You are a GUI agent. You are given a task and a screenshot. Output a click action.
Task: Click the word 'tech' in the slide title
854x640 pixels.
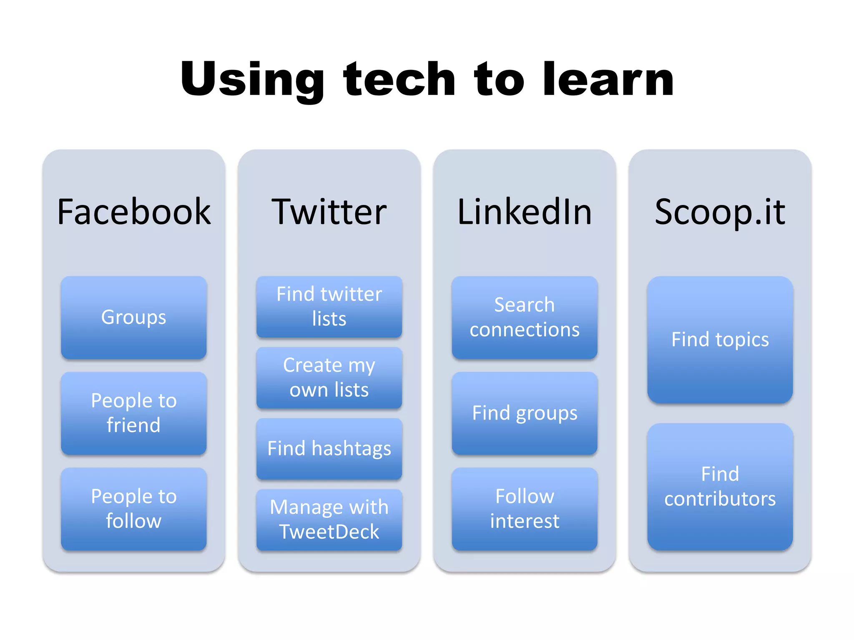pyautogui.click(x=399, y=79)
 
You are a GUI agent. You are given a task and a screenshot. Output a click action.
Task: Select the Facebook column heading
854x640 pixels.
pyautogui.click(x=133, y=212)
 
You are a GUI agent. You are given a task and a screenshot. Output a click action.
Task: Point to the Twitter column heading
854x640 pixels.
pyautogui.click(x=329, y=212)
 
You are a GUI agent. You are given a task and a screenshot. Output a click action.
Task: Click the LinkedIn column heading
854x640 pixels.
pyautogui.click(x=524, y=212)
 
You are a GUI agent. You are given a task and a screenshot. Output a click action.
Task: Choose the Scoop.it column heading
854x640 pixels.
pyautogui.click(x=720, y=212)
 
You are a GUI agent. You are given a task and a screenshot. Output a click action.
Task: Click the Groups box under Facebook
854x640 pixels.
pyautogui.click(x=133, y=317)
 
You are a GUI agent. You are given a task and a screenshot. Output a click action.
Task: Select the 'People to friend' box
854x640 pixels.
pyautogui.click(x=133, y=413)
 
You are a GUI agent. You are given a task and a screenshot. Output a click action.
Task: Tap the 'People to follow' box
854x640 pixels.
pyautogui.click(x=133, y=509)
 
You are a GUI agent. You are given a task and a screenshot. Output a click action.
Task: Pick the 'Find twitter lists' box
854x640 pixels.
pyautogui.click(x=329, y=307)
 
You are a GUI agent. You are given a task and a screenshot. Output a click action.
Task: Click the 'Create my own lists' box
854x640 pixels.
pyautogui.click(x=329, y=377)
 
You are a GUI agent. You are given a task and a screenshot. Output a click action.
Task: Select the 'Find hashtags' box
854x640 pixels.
pyautogui.click(x=329, y=449)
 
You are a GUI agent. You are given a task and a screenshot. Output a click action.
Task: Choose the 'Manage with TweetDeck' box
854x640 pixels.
pyautogui.click(x=329, y=520)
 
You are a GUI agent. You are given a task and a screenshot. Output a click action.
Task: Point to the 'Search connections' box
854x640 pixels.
pyautogui.click(x=524, y=317)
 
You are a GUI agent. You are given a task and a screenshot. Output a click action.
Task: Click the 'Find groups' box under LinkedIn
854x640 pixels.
pyautogui.click(x=524, y=413)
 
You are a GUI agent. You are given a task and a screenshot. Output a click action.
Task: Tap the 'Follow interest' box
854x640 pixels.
pyautogui.click(x=524, y=509)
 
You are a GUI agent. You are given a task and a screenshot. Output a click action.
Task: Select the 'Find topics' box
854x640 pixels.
pyautogui.click(x=720, y=340)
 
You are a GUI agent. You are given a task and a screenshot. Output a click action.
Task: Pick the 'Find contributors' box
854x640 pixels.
pyautogui.click(x=720, y=487)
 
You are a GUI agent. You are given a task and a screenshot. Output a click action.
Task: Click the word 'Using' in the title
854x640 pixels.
pyautogui.click(x=252, y=79)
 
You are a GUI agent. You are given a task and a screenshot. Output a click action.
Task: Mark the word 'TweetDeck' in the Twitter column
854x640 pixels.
pyautogui.click(x=329, y=532)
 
